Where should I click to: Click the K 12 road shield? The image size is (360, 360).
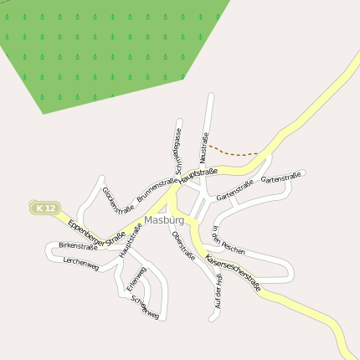pos(46,208)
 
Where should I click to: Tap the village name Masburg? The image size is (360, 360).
pos(163,220)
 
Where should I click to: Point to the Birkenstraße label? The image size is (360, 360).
pos(77,246)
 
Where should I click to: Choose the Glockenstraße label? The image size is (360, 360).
pos(118,199)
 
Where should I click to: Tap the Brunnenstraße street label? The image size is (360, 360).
pos(157,188)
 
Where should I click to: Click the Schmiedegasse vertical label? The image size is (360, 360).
pos(178,146)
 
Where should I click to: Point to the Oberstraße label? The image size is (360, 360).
pos(183,244)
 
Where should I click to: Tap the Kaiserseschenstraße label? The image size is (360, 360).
pos(233,272)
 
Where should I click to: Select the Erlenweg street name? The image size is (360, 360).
pos(136,278)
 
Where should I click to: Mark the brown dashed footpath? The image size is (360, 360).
pos(234,152)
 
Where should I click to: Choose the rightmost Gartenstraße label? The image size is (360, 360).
pos(280,178)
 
